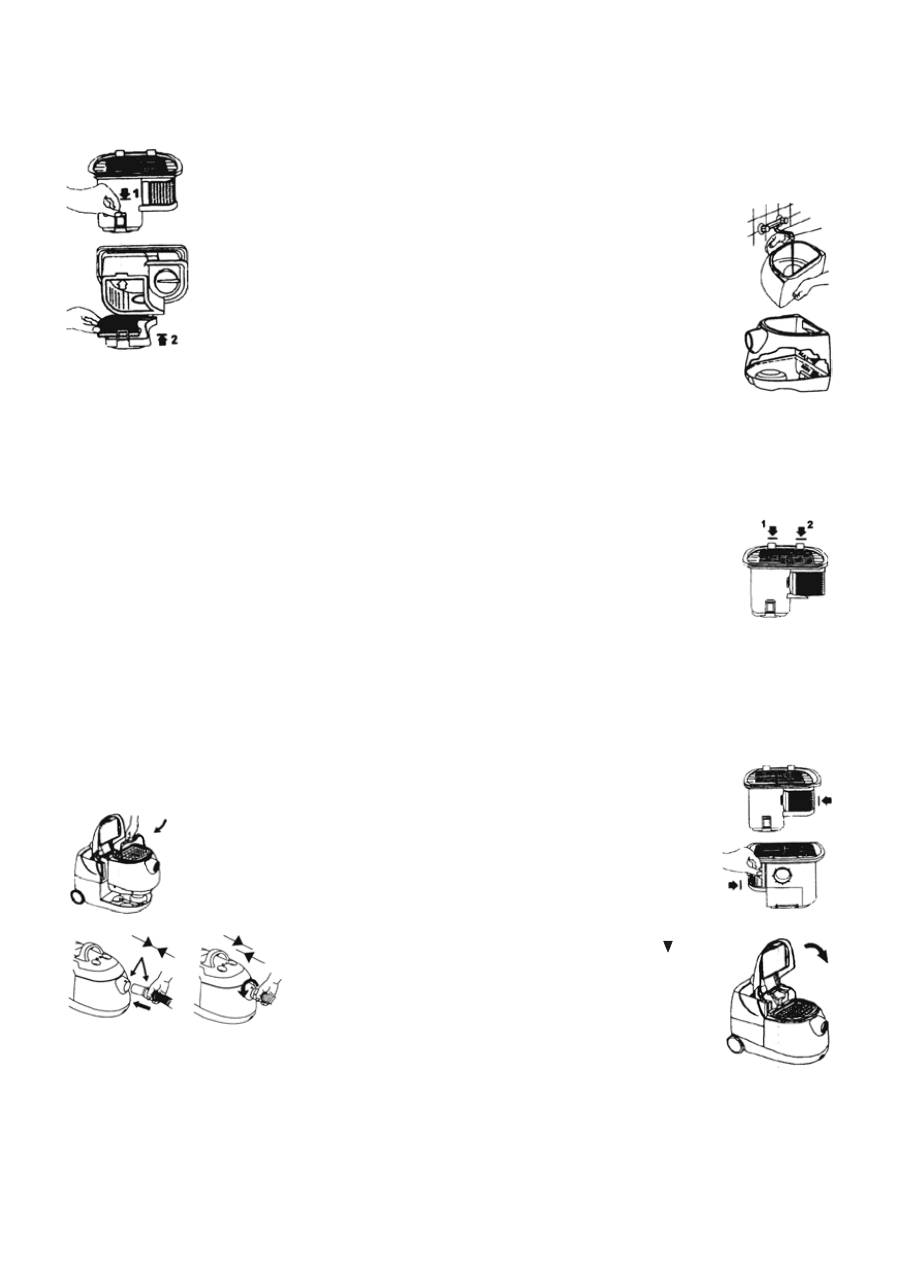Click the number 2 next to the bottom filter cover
point(171,340)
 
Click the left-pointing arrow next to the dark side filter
point(823,801)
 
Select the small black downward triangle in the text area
point(665,946)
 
